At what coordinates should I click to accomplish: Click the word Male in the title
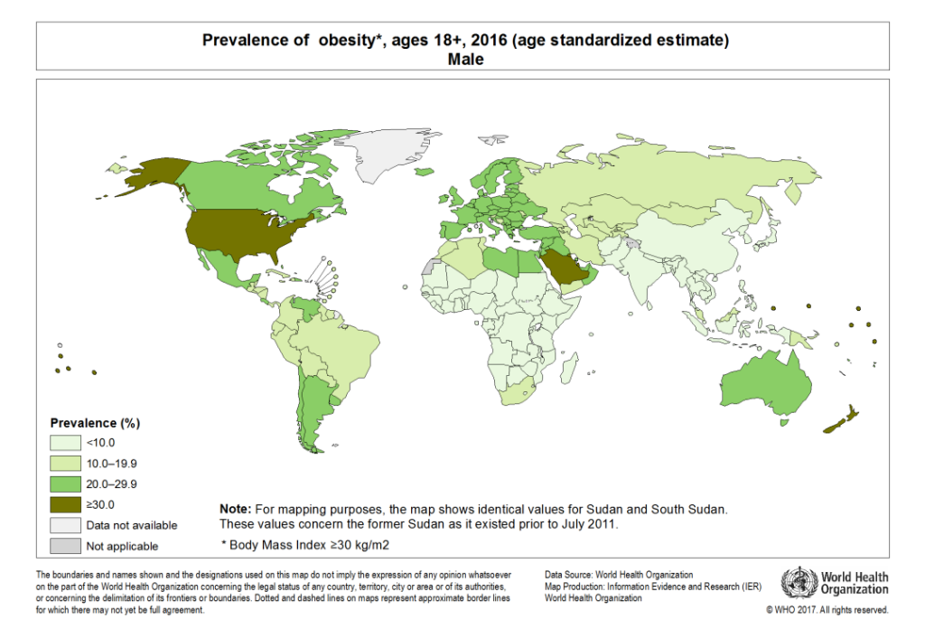click(x=465, y=60)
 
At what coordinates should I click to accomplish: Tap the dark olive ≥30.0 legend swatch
click(x=65, y=505)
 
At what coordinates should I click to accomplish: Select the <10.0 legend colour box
click(x=65, y=443)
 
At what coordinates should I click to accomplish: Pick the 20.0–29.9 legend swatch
click(x=65, y=484)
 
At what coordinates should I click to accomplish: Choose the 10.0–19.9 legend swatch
click(x=65, y=464)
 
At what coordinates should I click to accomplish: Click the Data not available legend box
click(x=65, y=525)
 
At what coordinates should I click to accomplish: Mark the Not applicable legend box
click(x=65, y=546)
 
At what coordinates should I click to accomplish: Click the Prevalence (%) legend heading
click(x=95, y=423)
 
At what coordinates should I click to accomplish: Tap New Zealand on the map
click(x=841, y=420)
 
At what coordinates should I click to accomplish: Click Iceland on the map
click(x=425, y=172)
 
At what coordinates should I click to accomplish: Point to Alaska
click(x=147, y=174)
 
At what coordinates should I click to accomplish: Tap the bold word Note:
click(x=236, y=509)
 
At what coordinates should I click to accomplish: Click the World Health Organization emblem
click(x=799, y=583)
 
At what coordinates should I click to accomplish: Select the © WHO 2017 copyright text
click(x=827, y=610)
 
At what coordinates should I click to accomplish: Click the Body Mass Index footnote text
click(x=305, y=545)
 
